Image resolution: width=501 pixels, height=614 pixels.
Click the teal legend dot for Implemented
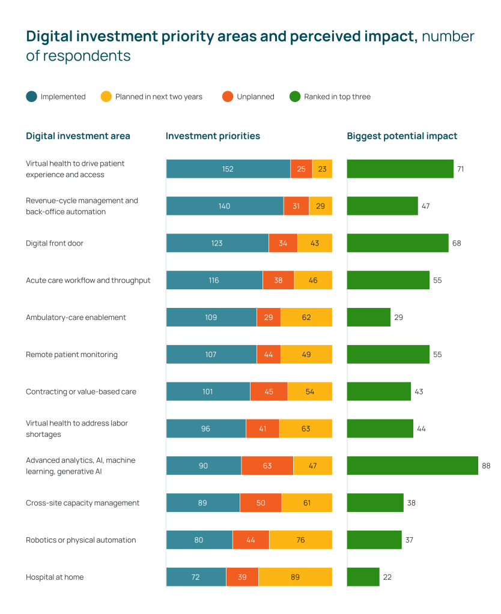click(x=32, y=97)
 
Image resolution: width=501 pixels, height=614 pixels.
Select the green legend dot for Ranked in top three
click(x=295, y=97)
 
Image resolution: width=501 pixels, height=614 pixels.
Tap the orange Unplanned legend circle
click(x=228, y=97)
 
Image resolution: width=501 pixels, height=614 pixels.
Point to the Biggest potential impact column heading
click(x=402, y=136)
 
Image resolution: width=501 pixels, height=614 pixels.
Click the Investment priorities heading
click(x=213, y=136)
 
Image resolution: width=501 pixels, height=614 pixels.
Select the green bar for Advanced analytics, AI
click(x=412, y=466)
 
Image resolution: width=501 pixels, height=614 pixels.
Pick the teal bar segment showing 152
click(x=228, y=169)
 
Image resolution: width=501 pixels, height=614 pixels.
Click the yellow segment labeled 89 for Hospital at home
click(x=295, y=577)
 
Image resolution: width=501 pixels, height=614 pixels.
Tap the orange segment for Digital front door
click(x=283, y=243)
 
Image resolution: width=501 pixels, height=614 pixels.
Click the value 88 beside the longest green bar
click(x=487, y=466)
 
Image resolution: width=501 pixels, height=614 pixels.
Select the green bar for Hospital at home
click(x=363, y=577)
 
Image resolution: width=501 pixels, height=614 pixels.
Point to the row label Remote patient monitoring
click(x=71, y=355)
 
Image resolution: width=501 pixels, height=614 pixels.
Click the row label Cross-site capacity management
click(x=82, y=503)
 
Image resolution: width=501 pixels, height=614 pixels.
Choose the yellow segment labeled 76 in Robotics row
click(x=300, y=540)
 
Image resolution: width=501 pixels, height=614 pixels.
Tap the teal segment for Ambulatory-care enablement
click(x=211, y=318)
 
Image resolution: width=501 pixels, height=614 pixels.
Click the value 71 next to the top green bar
click(x=460, y=169)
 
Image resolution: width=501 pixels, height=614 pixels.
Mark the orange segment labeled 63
click(x=267, y=466)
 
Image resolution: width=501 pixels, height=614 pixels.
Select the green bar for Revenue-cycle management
click(x=382, y=206)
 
